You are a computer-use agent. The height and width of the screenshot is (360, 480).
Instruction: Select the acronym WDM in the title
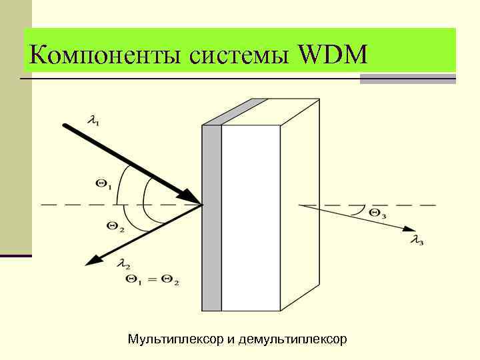[333, 53]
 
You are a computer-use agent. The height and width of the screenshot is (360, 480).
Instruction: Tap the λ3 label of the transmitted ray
[417, 240]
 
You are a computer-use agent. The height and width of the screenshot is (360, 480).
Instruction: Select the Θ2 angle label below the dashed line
[115, 227]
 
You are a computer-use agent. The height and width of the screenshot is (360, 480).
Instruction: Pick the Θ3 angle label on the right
[377, 213]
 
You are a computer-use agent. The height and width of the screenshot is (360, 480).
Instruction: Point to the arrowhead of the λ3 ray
[409, 230]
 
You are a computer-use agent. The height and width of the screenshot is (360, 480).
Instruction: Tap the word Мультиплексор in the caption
[175, 339]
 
